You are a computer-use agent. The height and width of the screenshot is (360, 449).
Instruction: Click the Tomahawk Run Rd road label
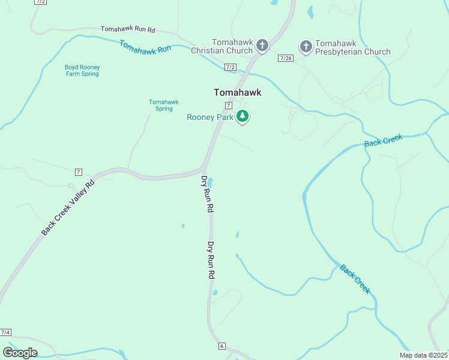(128, 29)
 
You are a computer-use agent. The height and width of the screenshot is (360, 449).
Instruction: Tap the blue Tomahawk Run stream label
(146, 48)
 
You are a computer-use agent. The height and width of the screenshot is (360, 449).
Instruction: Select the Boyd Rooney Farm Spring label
(82, 71)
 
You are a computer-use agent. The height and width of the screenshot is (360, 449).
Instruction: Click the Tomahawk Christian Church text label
(231, 46)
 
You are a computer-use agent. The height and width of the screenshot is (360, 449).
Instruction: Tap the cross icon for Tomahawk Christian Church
(262, 45)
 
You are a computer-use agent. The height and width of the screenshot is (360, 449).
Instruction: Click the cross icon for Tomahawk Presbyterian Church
(306, 46)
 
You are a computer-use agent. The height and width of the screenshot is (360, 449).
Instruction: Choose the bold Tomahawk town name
(238, 93)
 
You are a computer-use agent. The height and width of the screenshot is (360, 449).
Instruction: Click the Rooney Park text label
(209, 118)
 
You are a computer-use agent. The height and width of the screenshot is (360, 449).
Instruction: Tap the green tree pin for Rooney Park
(243, 116)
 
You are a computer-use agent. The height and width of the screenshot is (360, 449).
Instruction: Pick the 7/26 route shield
(286, 58)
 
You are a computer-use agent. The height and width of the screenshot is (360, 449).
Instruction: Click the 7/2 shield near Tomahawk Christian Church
(231, 67)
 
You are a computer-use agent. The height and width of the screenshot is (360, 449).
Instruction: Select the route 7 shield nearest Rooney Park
(229, 106)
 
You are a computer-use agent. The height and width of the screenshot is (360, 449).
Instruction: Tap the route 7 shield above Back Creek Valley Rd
(79, 173)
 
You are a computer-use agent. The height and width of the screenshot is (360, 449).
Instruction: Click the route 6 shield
(221, 346)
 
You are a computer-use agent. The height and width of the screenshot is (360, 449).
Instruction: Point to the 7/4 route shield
(5, 332)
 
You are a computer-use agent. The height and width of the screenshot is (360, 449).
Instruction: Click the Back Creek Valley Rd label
(68, 208)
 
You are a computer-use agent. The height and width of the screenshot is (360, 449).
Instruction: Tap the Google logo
(20, 352)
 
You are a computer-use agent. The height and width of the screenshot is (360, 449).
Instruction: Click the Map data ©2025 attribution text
(423, 355)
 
